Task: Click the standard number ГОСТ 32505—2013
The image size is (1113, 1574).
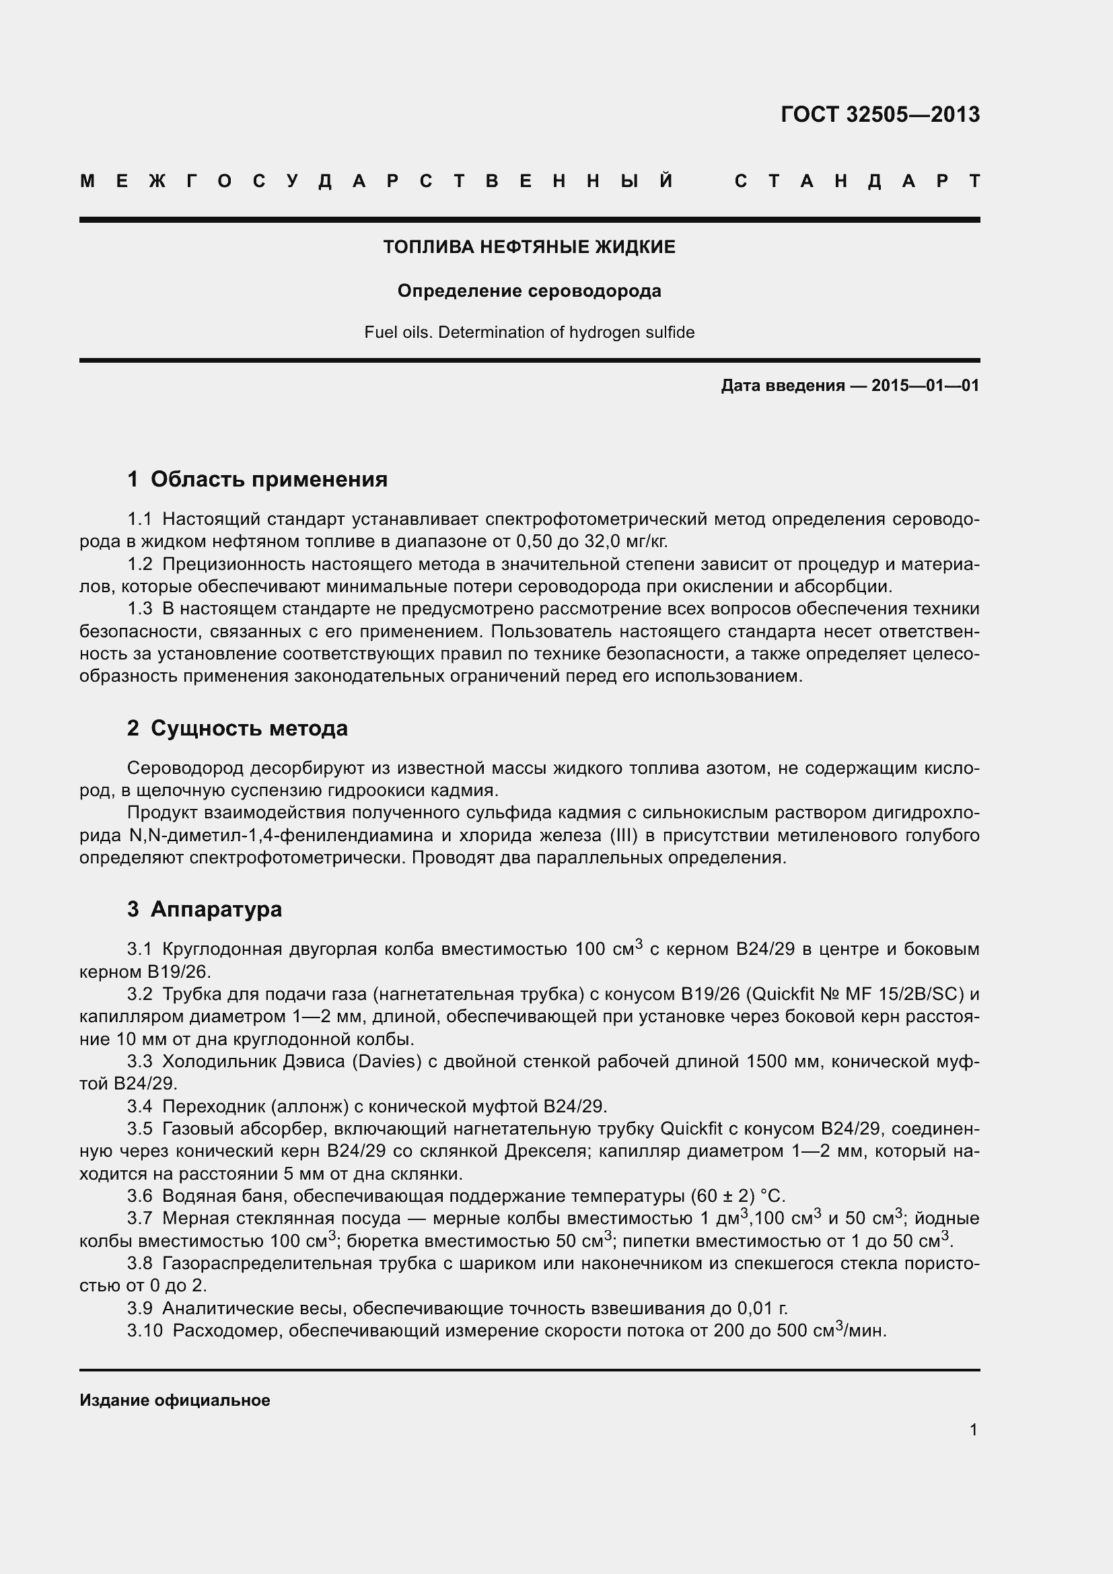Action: click(880, 114)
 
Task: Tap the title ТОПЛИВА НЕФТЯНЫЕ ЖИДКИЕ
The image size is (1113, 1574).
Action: click(529, 247)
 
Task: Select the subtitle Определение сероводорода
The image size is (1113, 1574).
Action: click(529, 291)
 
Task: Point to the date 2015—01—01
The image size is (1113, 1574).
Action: click(925, 386)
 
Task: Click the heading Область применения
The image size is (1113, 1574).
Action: click(268, 479)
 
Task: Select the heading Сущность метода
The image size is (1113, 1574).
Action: click(249, 728)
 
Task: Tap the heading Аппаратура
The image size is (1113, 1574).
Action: click(216, 909)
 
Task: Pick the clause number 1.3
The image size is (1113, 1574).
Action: click(140, 609)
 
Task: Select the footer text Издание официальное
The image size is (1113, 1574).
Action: click(175, 1400)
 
